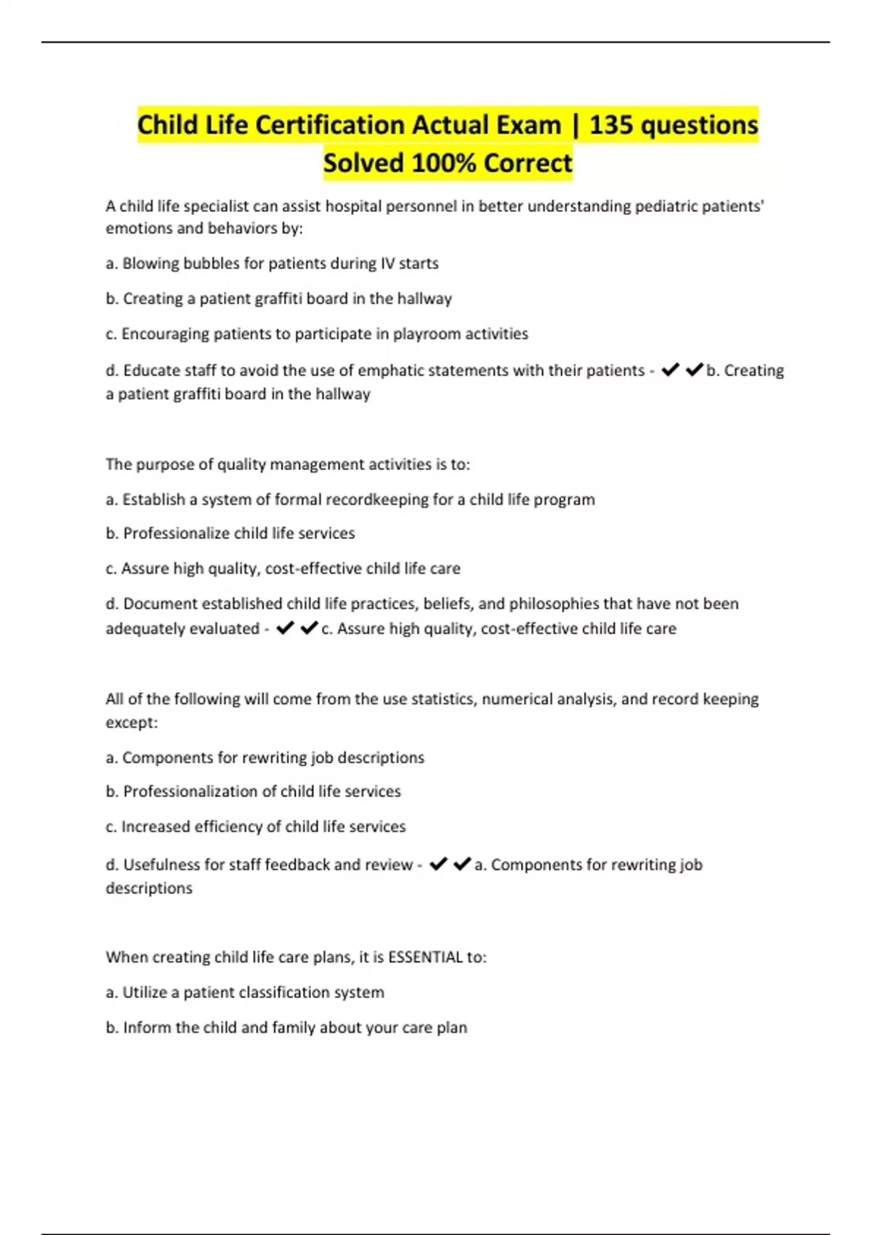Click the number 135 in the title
(x=612, y=125)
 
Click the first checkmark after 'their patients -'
(x=670, y=370)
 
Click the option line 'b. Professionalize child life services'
(x=230, y=533)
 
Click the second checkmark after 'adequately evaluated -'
(x=309, y=628)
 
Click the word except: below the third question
(x=132, y=723)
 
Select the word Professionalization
(x=189, y=791)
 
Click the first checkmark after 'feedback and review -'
(x=437, y=864)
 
